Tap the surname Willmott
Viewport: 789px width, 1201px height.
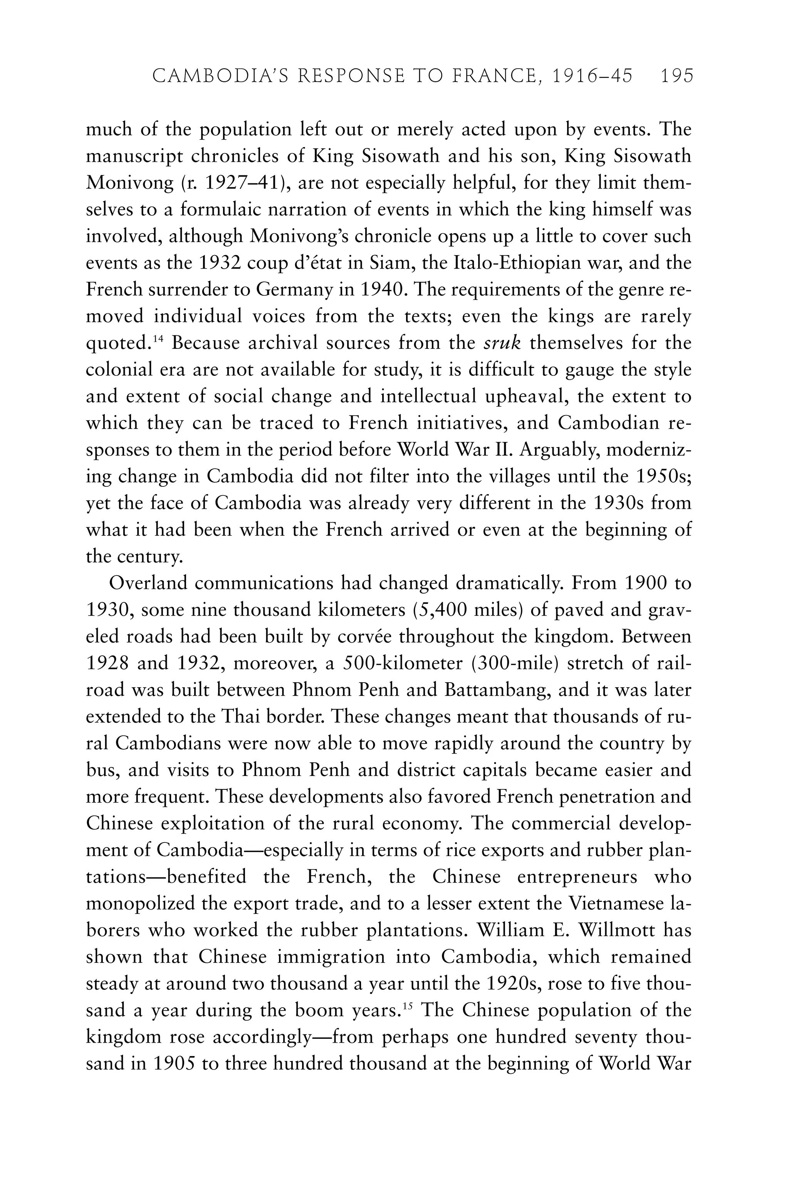[616, 930]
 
